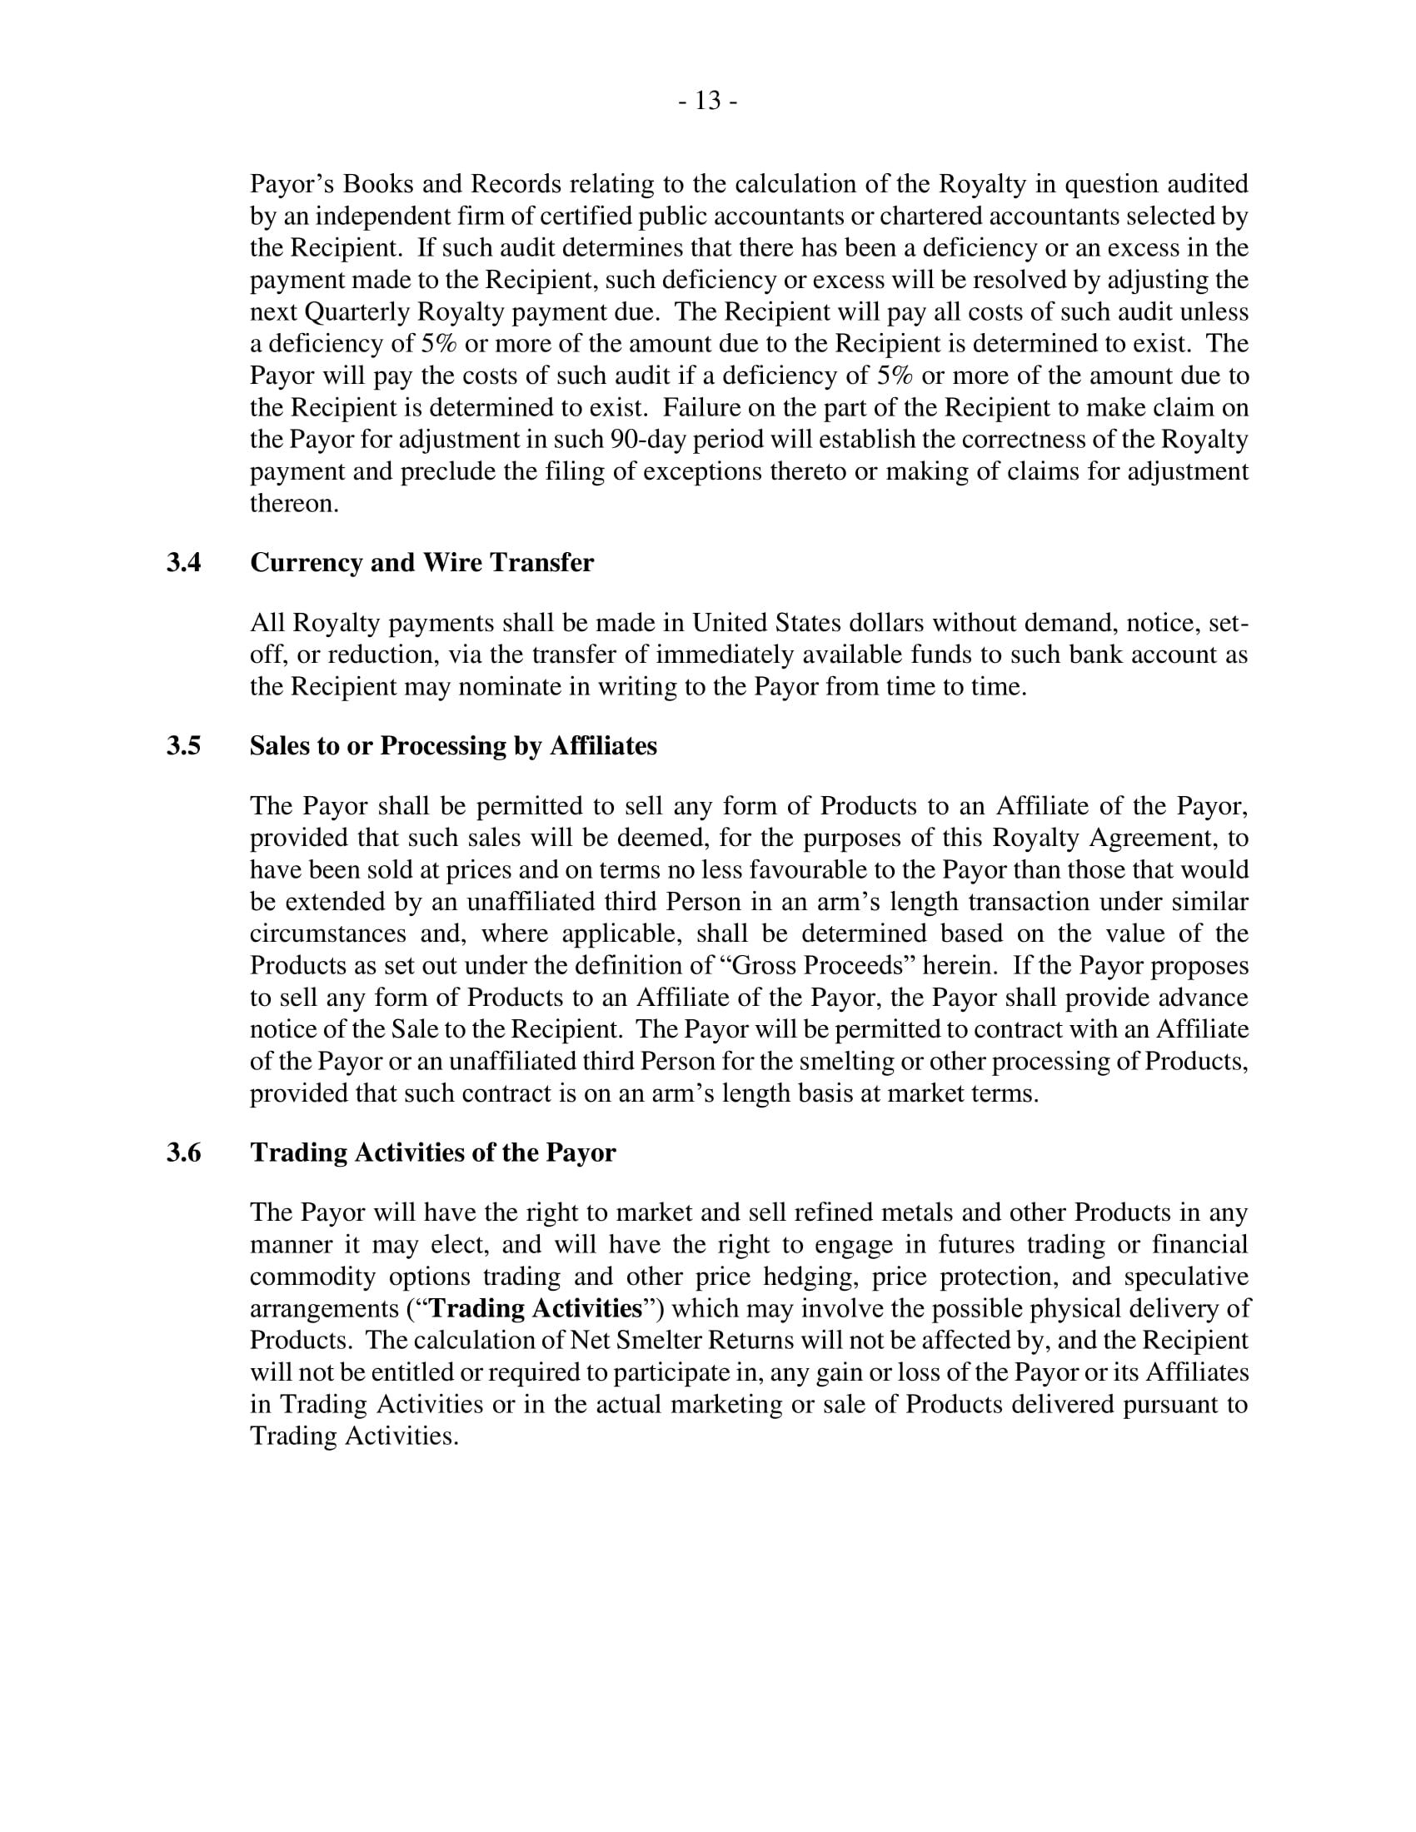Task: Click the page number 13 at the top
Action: (708, 101)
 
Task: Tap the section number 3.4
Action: (184, 563)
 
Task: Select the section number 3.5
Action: (184, 746)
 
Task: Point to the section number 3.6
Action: (184, 1152)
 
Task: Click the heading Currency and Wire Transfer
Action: (422, 563)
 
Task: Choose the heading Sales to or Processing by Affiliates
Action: (453, 746)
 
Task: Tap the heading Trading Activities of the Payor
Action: (433, 1152)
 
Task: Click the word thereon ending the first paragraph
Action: (293, 503)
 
